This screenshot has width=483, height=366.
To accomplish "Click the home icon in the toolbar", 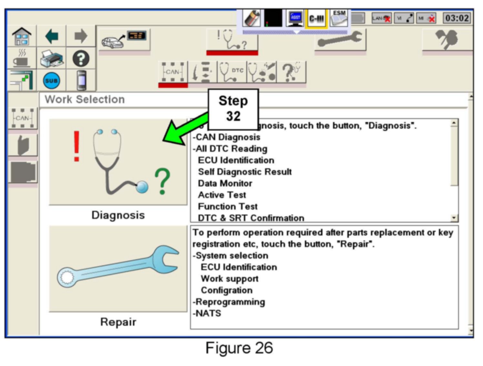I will [x=22, y=36].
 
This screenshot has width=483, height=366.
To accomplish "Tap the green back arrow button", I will [x=52, y=36].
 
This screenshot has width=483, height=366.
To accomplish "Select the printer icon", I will [x=52, y=59].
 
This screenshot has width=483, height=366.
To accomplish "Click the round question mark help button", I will [x=81, y=59].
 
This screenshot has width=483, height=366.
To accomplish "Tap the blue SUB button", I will [x=52, y=80].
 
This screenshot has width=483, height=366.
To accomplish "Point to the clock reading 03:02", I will [x=457, y=18].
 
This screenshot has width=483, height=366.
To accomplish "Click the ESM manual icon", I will [x=339, y=18].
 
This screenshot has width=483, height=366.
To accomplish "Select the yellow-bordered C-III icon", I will [x=317, y=18].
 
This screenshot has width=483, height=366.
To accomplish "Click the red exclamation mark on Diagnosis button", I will [x=76, y=146].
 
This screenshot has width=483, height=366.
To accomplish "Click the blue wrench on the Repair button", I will [x=118, y=267].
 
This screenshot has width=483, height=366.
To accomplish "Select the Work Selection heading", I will [x=85, y=99].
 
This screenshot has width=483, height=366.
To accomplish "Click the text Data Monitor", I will [x=225, y=183].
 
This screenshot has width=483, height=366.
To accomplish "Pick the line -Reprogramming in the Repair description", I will [x=229, y=302].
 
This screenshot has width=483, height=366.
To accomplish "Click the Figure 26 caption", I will [x=239, y=348].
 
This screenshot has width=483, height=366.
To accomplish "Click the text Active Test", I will [x=222, y=195].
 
